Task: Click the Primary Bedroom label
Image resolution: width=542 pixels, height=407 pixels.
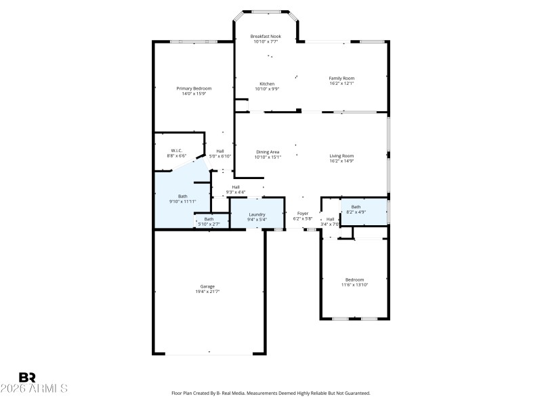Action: click(194, 88)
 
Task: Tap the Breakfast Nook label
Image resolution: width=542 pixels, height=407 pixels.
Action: click(266, 36)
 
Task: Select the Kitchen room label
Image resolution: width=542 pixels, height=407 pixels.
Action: click(267, 83)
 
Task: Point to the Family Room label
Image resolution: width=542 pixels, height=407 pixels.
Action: click(341, 78)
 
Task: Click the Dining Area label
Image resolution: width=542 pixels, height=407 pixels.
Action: click(268, 152)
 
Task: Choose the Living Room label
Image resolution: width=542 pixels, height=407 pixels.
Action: click(341, 156)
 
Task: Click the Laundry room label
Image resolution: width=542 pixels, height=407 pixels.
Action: click(257, 214)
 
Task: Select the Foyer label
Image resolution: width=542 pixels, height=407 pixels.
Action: click(302, 214)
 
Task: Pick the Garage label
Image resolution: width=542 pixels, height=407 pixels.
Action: click(207, 286)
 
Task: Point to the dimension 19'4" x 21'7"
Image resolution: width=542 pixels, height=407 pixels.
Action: click(207, 291)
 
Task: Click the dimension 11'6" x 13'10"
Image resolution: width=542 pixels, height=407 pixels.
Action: click(354, 285)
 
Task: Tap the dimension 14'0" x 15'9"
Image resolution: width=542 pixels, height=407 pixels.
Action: click(194, 94)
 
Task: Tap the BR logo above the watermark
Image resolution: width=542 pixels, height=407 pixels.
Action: click(27, 377)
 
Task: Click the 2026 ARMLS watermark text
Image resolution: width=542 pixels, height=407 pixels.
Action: click(34, 389)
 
